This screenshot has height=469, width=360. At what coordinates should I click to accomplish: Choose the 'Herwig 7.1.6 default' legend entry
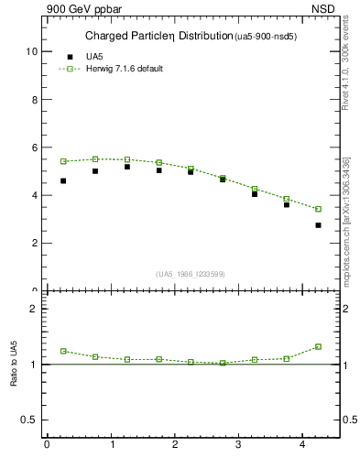[124, 69]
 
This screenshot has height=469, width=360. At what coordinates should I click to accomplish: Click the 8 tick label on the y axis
[34, 100]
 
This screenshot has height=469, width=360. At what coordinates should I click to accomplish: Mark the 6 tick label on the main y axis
[34, 147]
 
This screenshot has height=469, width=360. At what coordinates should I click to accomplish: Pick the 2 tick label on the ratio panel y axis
[34, 309]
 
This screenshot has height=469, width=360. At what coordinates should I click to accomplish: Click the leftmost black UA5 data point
[63, 180]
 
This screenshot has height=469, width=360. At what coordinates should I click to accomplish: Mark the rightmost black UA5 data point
[318, 224]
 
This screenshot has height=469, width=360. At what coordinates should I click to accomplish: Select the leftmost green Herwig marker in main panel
[63, 161]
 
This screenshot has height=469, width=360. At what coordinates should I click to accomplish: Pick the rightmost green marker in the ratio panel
[318, 346]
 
